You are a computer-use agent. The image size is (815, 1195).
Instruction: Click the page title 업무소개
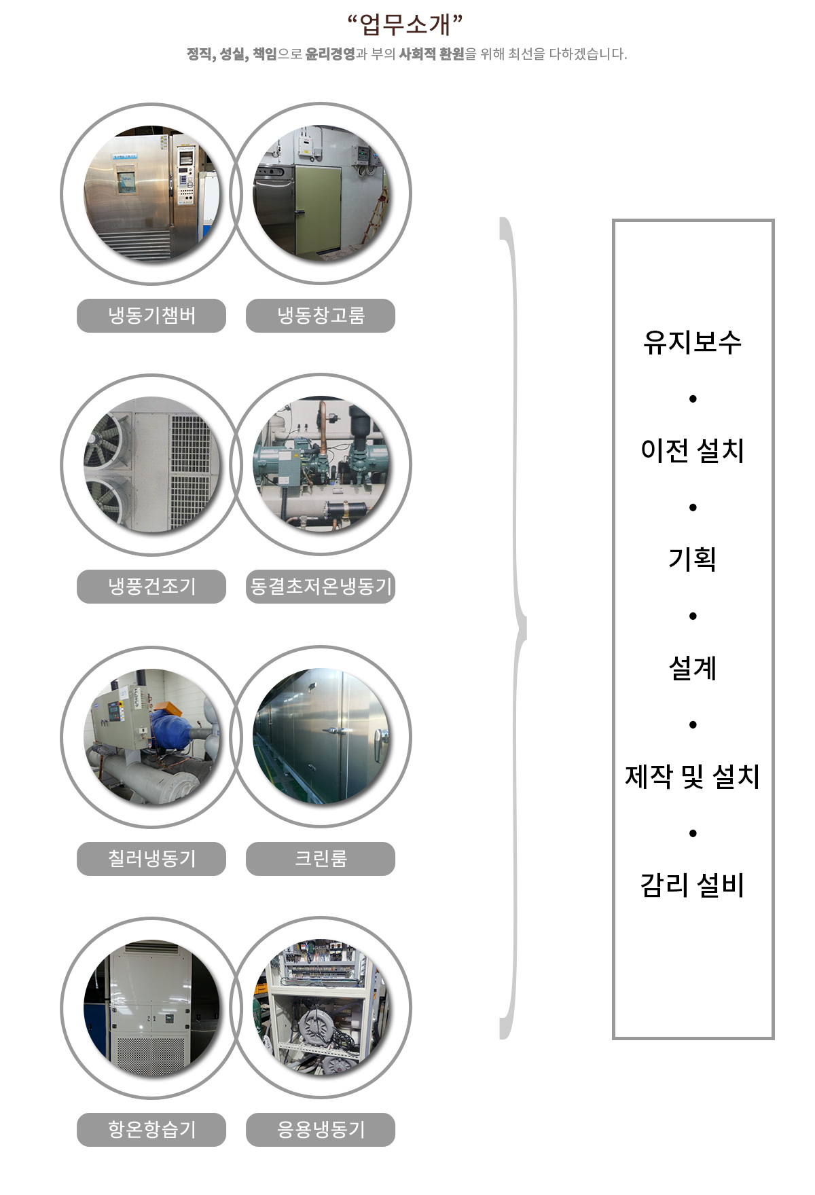point(405,24)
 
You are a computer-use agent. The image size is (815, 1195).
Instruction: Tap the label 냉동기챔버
point(151,316)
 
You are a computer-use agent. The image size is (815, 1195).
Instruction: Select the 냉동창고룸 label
point(321,316)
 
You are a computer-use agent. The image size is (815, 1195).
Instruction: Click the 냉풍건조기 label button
point(151,586)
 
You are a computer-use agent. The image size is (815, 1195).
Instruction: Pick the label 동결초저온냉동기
point(321,586)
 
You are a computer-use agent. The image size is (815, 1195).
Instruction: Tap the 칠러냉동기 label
point(151,858)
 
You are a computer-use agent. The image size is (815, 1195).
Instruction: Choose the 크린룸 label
point(321,858)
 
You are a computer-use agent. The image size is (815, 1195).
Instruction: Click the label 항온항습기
point(151,1129)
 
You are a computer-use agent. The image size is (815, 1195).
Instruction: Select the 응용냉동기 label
point(321,1129)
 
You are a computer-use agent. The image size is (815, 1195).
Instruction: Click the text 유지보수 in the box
point(692,342)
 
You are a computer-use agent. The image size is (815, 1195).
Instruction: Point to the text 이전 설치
point(692,451)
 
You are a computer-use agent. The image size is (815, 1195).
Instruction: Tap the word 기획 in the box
point(692,559)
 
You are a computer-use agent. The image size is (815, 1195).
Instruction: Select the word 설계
point(692,668)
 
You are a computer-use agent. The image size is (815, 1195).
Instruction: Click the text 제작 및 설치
point(692,777)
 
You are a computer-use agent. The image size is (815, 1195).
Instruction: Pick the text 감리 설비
point(692,885)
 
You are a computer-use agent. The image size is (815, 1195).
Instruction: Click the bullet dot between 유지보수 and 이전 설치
point(693,399)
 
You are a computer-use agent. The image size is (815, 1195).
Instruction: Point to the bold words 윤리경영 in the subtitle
point(330,54)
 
